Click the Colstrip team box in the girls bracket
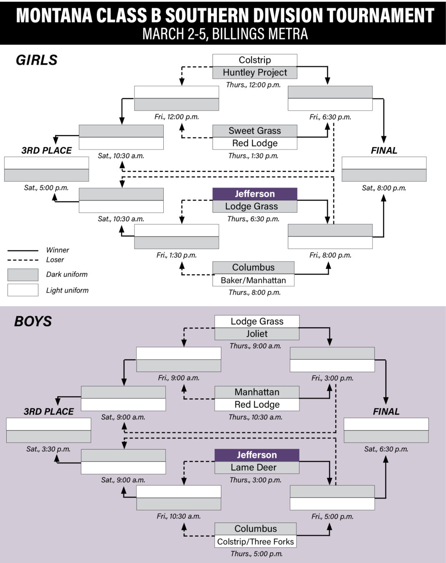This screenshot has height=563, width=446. click(255, 60)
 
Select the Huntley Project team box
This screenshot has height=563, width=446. click(255, 73)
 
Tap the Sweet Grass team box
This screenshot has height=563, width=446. click(255, 131)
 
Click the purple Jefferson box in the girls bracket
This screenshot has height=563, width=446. click(255, 194)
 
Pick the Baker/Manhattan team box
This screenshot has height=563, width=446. click(253, 280)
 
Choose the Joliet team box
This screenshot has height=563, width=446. click(257, 334)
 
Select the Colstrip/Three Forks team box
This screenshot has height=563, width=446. click(256, 542)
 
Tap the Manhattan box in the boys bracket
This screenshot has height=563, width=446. click(257, 392)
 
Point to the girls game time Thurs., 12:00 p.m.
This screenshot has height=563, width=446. click(253, 85)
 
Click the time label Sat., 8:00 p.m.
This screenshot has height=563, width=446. click(384, 188)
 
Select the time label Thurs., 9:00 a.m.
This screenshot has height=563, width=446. click(255, 346)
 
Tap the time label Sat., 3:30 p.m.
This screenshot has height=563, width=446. click(48, 449)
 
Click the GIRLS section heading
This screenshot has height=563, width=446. click(37, 60)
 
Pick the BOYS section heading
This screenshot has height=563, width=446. click(33, 321)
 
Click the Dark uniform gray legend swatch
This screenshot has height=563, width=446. click(23, 275)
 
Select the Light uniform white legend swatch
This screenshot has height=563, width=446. click(23, 290)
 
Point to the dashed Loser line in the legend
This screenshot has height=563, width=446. click(23, 260)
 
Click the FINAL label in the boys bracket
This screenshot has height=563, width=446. click(386, 412)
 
